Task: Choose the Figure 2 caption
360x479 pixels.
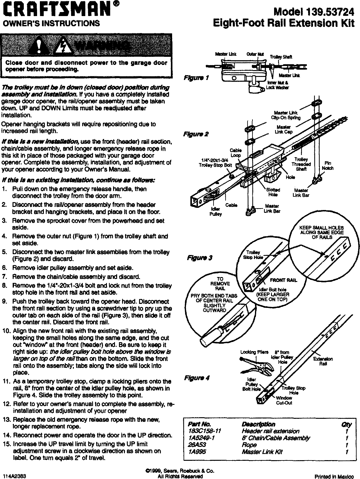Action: [x=196, y=134]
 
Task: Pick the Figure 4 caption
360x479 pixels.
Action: [x=197, y=378]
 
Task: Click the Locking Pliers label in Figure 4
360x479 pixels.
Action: [x=251, y=352]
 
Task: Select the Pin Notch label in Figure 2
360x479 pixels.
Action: [x=328, y=166]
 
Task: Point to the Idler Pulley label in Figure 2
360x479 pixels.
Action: [x=215, y=212]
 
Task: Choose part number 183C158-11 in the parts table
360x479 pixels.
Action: [x=205, y=431]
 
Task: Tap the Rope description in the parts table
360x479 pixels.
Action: [x=249, y=445]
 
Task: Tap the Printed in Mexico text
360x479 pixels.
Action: [x=334, y=477]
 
